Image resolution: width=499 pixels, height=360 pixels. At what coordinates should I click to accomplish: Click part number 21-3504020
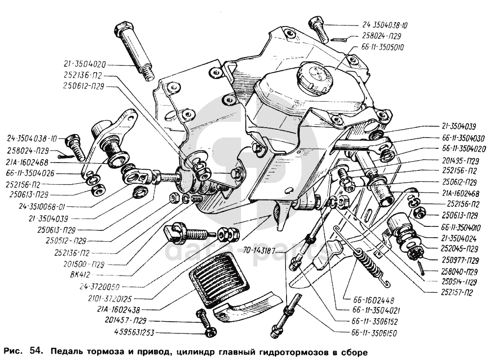(84, 64)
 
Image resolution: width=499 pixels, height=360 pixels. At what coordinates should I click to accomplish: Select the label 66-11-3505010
(386, 47)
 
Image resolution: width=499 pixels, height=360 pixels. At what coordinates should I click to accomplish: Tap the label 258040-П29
(458, 271)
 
